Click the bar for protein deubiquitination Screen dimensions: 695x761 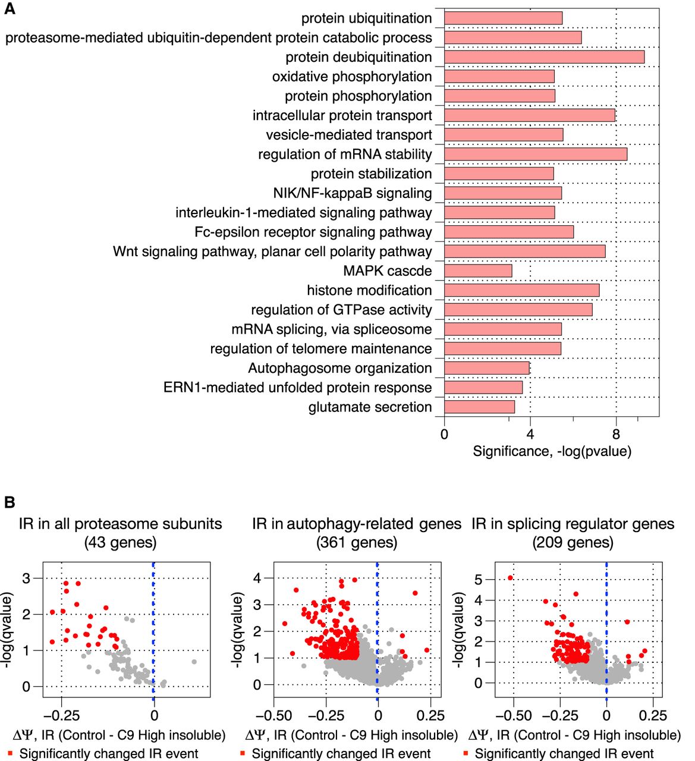point(544,57)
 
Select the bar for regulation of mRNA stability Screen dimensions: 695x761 point(535,155)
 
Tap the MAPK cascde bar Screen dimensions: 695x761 point(478,271)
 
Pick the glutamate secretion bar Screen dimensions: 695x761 point(480,407)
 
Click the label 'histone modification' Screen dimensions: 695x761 point(369,290)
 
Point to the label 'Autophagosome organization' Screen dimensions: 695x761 point(340,368)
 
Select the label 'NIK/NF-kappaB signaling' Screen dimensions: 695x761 point(353,193)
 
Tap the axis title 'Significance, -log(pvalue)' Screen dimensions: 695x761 point(552,451)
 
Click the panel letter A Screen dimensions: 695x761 point(10,8)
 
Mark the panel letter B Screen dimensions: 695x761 point(10,502)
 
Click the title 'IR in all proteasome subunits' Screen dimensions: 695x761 point(120,524)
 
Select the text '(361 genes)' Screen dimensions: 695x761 point(357,542)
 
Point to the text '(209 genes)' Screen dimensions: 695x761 point(573,542)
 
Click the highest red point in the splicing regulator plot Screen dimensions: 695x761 point(510,578)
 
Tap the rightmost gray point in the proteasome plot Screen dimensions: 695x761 point(194,662)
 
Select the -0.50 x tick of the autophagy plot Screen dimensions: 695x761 point(273,715)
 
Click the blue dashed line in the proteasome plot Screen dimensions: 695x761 point(153,630)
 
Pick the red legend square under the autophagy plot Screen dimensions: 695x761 point(243,753)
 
